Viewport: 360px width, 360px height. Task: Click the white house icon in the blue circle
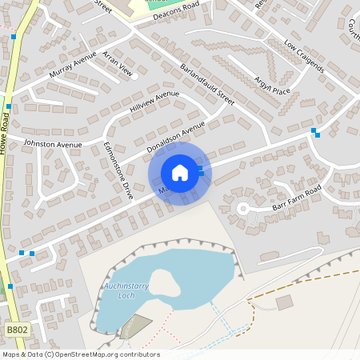tap(180, 173)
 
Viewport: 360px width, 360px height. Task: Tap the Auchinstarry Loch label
tap(124, 290)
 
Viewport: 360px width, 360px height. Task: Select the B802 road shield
tap(16, 329)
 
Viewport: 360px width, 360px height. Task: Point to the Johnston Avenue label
tap(53, 144)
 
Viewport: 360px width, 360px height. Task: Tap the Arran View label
tap(114, 71)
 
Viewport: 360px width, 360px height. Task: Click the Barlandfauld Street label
tap(206, 83)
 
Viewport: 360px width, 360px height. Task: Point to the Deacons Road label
tap(170, 14)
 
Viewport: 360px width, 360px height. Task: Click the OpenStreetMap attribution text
tap(80, 354)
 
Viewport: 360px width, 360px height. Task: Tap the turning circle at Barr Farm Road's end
tap(242, 208)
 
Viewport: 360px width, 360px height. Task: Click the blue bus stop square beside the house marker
tap(201, 171)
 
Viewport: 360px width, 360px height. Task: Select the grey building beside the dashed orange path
tap(284, 302)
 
